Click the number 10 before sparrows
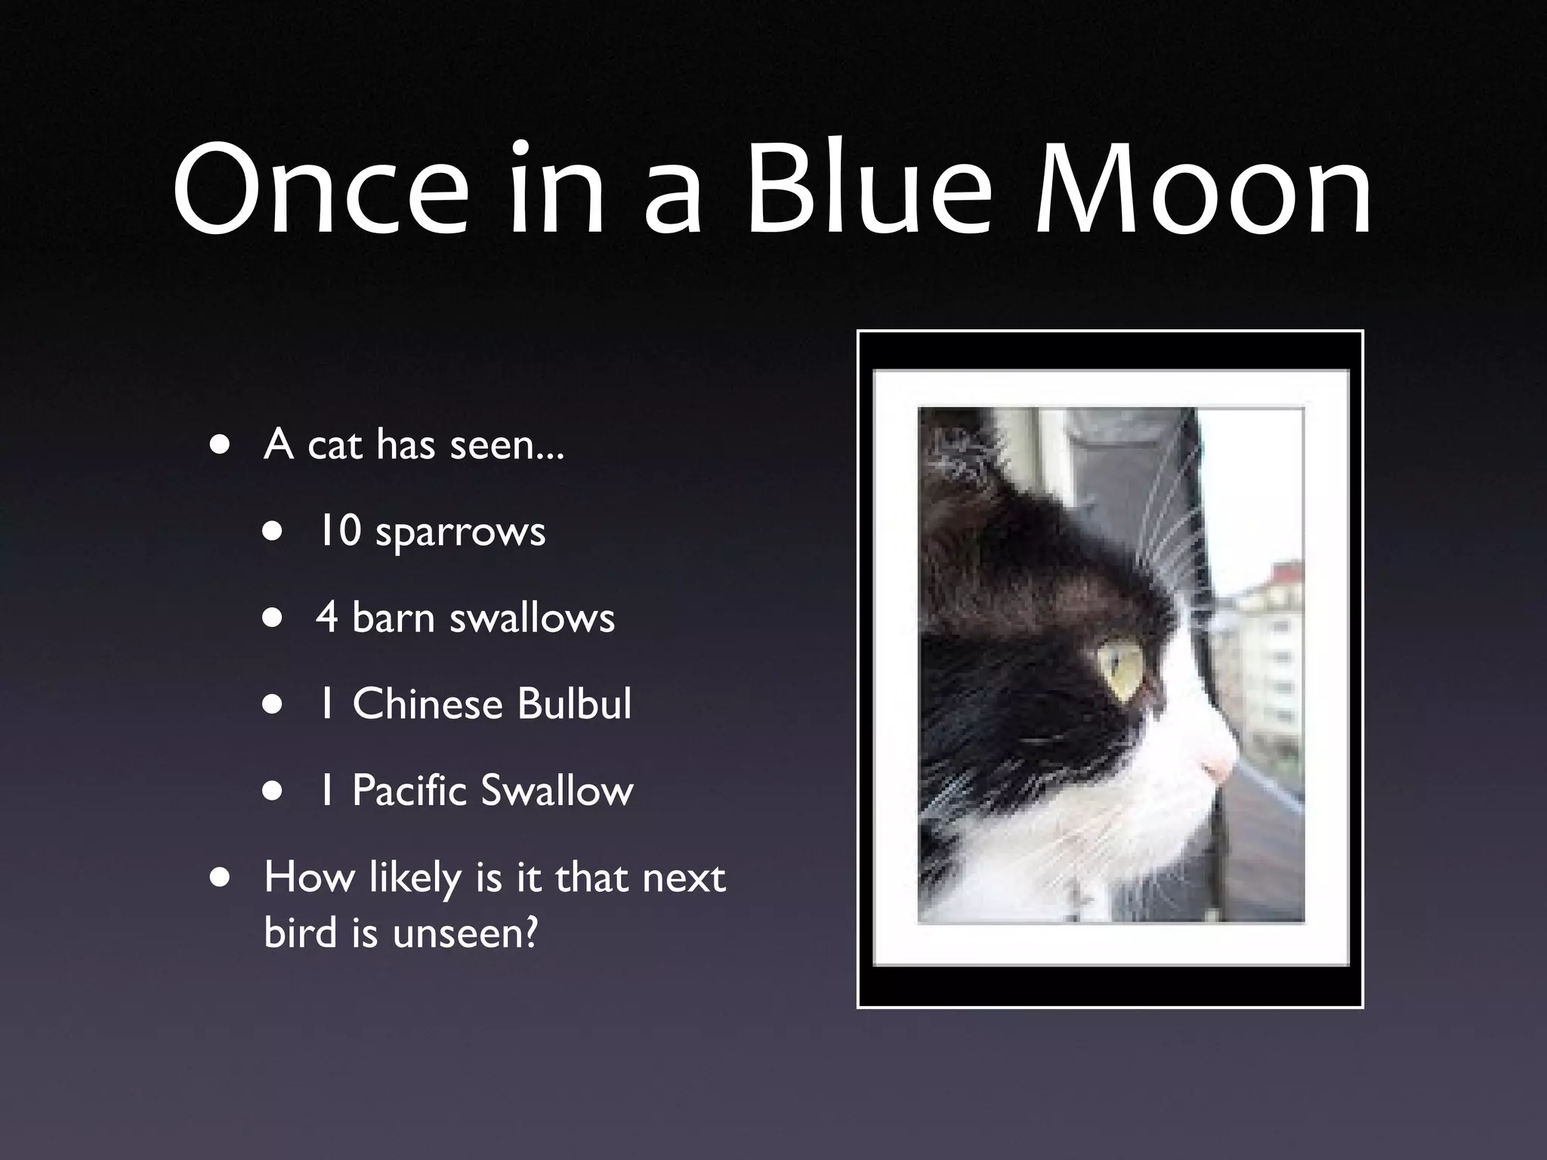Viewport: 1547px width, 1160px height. [x=338, y=530]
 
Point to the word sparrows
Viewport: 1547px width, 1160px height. [x=460, y=533]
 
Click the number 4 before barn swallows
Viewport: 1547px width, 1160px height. [x=326, y=617]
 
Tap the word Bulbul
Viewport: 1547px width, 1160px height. [x=574, y=704]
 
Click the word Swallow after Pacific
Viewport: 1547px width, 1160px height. [x=557, y=791]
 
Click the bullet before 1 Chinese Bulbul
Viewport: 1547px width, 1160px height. [x=273, y=705]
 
